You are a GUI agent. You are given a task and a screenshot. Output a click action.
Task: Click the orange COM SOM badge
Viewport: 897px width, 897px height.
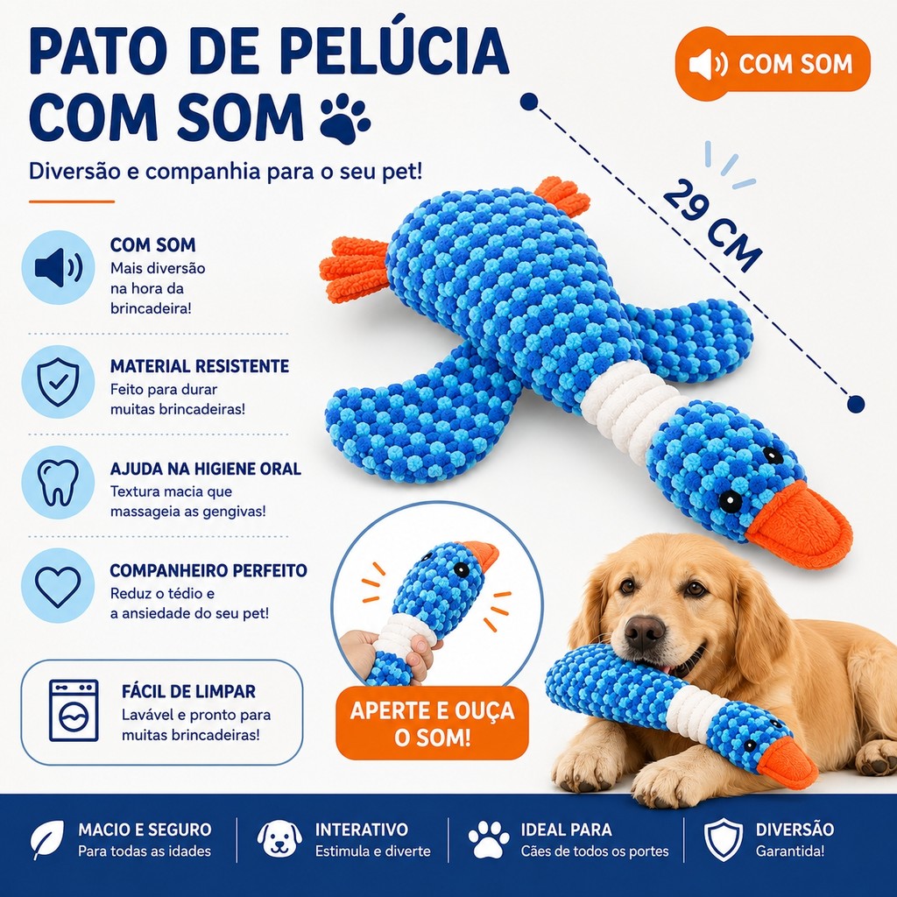[773, 63]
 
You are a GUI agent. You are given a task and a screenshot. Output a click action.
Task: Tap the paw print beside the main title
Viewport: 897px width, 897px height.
[345, 119]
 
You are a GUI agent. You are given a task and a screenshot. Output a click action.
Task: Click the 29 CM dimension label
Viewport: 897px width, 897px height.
[713, 225]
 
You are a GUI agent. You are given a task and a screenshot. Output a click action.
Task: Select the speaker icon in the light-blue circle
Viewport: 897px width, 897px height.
[59, 267]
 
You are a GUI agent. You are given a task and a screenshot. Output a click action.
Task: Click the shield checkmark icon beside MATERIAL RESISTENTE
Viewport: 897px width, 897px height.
[58, 382]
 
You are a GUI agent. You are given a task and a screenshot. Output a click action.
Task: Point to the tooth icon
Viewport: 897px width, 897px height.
[58, 483]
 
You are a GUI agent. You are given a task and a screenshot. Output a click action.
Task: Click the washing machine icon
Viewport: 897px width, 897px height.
[74, 710]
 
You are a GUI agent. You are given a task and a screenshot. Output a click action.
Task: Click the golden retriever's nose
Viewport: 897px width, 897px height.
[644, 632]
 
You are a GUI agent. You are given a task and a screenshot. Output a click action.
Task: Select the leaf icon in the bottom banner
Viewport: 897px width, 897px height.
[47, 840]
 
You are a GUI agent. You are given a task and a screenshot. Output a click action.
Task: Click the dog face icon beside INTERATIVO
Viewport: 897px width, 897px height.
[279, 839]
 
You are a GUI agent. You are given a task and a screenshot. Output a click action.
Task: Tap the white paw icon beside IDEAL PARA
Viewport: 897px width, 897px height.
[489, 839]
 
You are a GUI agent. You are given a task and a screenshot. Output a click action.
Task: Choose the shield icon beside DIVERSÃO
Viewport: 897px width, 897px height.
[723, 839]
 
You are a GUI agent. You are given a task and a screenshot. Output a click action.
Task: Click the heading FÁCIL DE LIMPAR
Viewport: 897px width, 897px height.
[188, 691]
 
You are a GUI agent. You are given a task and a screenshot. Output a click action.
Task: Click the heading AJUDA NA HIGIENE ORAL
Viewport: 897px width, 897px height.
[205, 470]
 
